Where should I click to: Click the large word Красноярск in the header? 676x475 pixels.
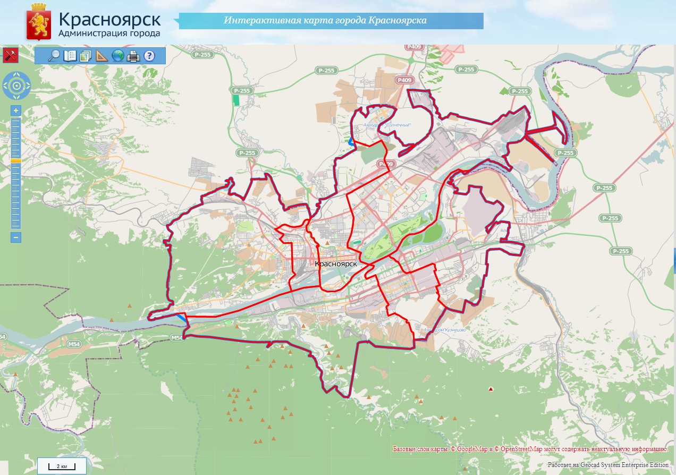click(110, 20)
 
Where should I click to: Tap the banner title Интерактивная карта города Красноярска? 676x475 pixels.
click(325, 21)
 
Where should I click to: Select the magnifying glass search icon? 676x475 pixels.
click(54, 55)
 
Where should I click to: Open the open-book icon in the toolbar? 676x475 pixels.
click(70, 55)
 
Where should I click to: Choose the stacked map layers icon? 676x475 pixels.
click(86, 55)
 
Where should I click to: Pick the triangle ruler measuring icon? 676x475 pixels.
click(102, 55)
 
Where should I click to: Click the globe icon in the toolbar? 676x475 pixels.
click(118, 55)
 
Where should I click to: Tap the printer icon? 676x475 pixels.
click(133, 55)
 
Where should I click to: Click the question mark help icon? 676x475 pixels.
click(149, 55)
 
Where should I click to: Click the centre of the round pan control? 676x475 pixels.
click(16, 86)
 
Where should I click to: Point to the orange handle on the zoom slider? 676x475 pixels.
click(16, 160)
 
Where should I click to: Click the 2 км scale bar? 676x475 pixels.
click(62, 466)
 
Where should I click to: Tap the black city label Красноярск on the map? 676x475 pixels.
click(336, 264)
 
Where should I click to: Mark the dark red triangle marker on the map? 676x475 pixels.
click(491, 389)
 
